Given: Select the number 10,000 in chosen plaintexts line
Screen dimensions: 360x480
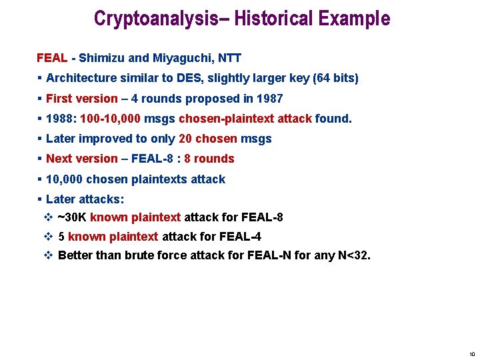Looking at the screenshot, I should click(65, 179).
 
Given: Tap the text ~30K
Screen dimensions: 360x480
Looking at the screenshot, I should click(72, 217).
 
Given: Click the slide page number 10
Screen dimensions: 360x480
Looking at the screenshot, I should click(471, 354).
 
